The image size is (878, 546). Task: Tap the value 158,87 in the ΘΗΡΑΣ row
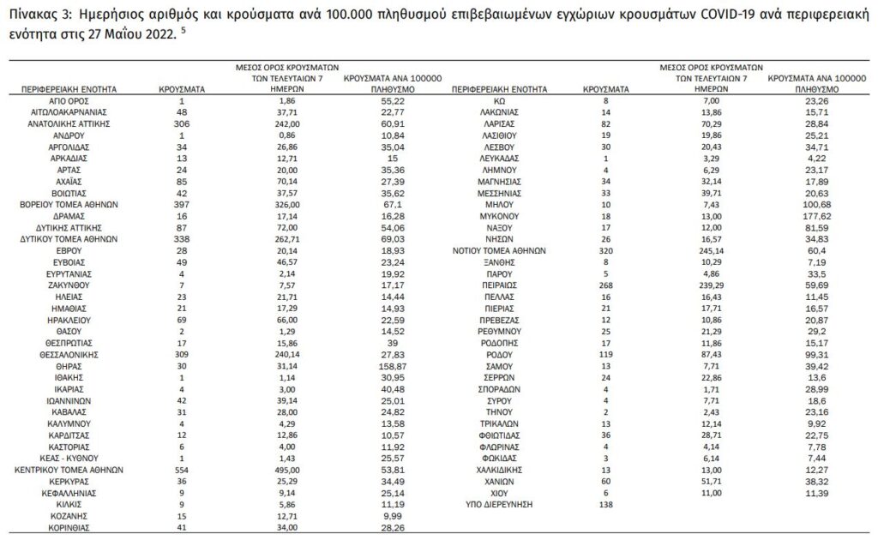[392, 366]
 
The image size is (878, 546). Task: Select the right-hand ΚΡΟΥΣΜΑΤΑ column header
[605, 89]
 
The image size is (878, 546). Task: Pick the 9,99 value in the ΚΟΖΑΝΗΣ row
[392, 517]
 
